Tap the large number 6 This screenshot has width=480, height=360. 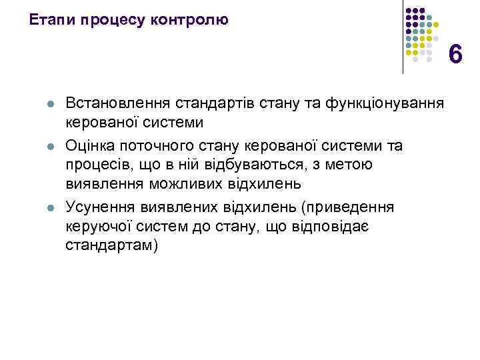click(x=455, y=54)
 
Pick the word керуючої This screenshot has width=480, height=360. click(x=97, y=227)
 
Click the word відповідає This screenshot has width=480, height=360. click(x=330, y=227)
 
